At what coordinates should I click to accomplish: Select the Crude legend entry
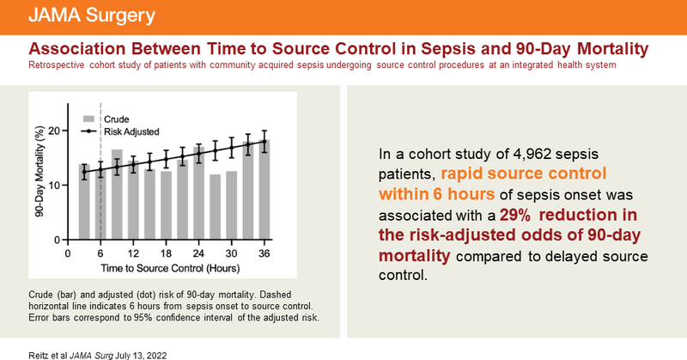(x=115, y=118)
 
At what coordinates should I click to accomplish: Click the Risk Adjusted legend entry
(x=130, y=131)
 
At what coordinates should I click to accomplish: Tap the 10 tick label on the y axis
(x=55, y=185)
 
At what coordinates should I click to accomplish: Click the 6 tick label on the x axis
(x=100, y=254)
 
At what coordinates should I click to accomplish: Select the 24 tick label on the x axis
(x=198, y=254)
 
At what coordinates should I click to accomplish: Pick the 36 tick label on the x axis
(x=264, y=254)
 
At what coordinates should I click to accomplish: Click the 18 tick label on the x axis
(x=166, y=254)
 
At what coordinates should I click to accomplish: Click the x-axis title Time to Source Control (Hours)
(x=166, y=270)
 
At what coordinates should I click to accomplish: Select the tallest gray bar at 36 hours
(x=264, y=190)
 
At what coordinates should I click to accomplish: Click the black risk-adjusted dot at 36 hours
(x=264, y=143)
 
